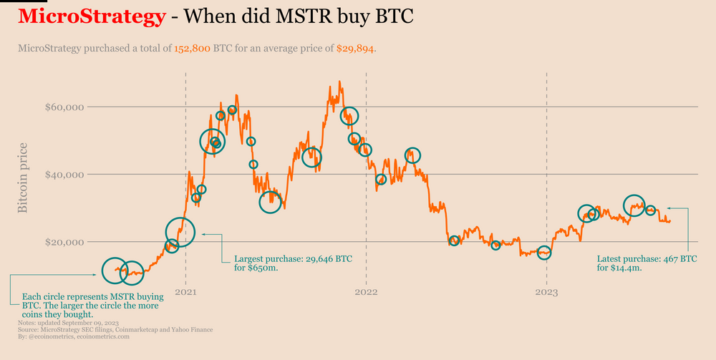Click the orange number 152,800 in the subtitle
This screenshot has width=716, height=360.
tap(192, 49)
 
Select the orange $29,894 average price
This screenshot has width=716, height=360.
tap(355, 49)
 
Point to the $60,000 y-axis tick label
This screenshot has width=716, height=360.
tap(64, 107)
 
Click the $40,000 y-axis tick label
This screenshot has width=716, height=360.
tap(64, 175)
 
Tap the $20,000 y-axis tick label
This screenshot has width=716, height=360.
tap(64, 242)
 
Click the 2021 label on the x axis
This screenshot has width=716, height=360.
tap(186, 292)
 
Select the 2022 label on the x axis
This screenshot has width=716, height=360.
tap(366, 292)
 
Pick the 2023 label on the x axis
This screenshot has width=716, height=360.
tap(546, 292)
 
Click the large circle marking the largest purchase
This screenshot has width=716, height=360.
tap(180, 231)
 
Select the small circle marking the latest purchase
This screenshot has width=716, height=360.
tap(651, 210)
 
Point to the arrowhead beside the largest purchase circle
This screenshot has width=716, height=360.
tap(204, 233)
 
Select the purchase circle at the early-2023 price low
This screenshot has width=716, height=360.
tap(545, 253)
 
